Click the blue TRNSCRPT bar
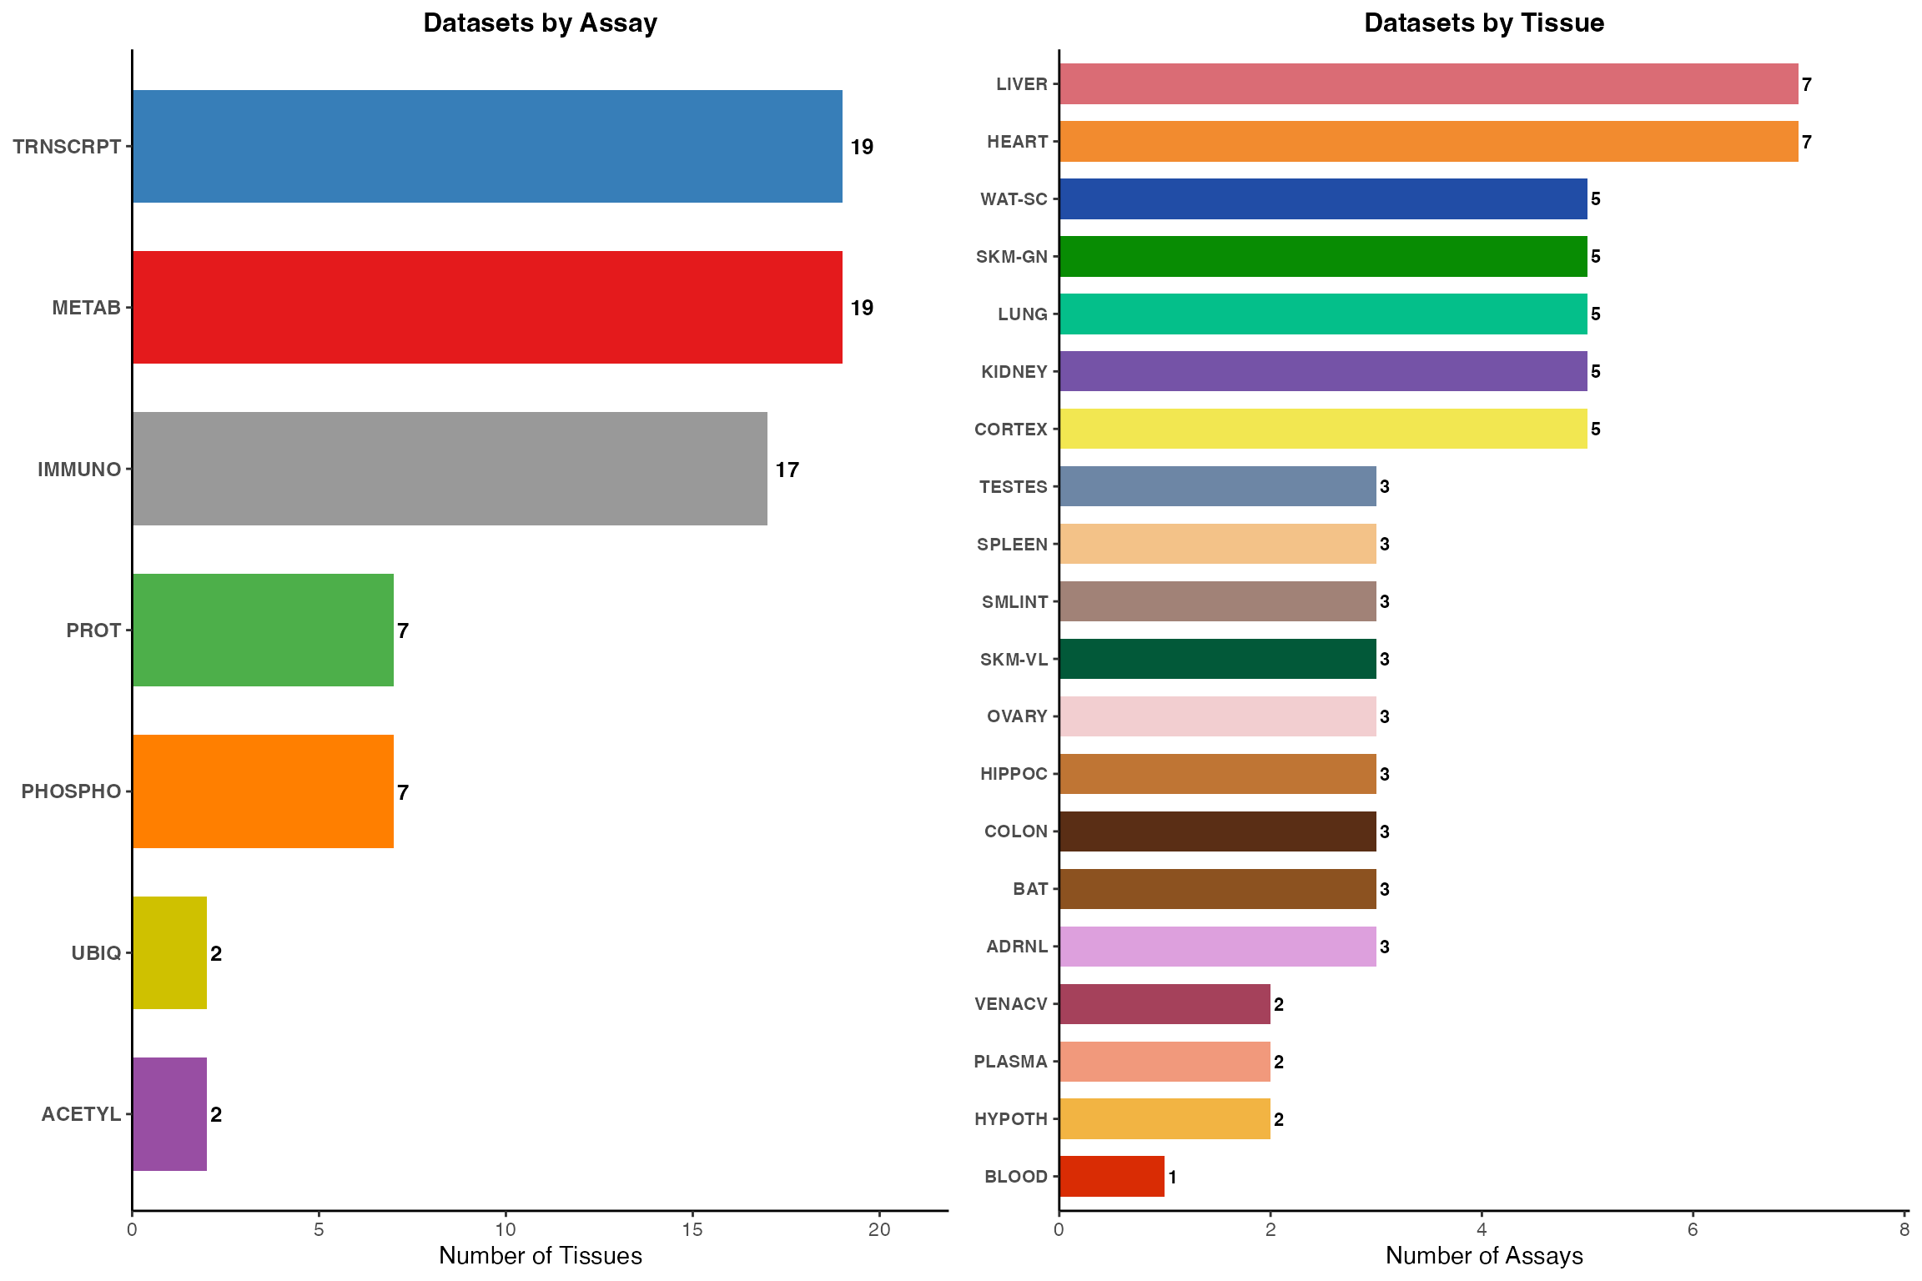[487, 146]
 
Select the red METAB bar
[487, 307]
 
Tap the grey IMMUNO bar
[450, 469]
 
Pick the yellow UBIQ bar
[169, 952]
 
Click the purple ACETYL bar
[169, 1114]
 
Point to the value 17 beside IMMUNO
[787, 470]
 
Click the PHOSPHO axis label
[72, 791]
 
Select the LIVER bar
[1428, 83]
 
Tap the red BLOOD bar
[1112, 1176]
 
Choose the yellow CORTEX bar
[1323, 429]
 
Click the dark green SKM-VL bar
[1218, 659]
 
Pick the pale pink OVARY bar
[1218, 716]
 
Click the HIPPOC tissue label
[1014, 774]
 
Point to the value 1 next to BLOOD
[1172, 1178]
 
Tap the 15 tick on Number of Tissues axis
[692, 1230]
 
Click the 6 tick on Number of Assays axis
[1693, 1230]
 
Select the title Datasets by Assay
[540, 23]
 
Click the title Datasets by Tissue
[1483, 23]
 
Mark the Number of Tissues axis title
[540, 1256]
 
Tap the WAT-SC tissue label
[1014, 199]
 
